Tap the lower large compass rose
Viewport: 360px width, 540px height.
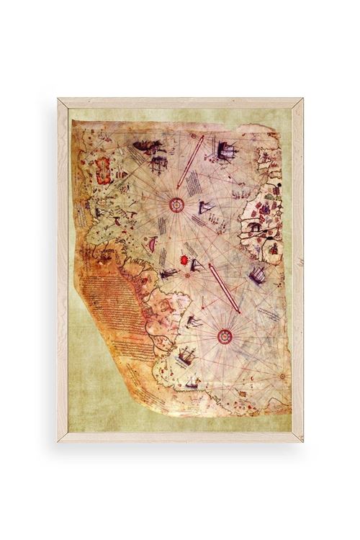[x=223, y=334]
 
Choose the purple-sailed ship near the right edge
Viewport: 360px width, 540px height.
[x=257, y=274]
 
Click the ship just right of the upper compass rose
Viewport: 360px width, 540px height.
[x=207, y=209]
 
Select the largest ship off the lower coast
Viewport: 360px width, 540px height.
[x=185, y=355]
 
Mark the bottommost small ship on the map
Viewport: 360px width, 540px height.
[x=192, y=383]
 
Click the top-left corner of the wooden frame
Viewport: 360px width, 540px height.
[x=60, y=100]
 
